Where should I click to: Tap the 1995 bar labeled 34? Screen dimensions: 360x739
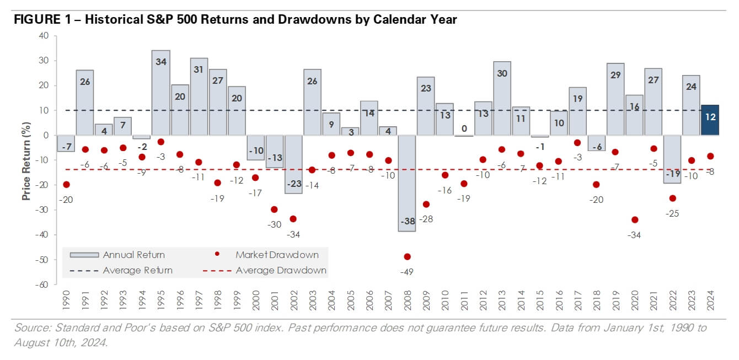tap(161, 93)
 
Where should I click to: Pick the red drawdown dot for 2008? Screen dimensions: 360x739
tap(408, 256)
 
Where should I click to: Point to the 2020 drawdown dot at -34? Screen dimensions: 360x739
tap(635, 219)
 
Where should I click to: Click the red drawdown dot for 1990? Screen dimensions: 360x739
tap(67, 185)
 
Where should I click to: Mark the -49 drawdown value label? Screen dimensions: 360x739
tap(407, 271)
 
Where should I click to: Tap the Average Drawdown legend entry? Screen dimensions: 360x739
tap(265, 270)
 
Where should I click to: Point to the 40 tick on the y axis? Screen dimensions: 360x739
tap(44, 36)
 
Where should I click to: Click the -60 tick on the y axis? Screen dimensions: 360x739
tap(42, 284)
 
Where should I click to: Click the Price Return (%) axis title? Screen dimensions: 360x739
tap(26, 160)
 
